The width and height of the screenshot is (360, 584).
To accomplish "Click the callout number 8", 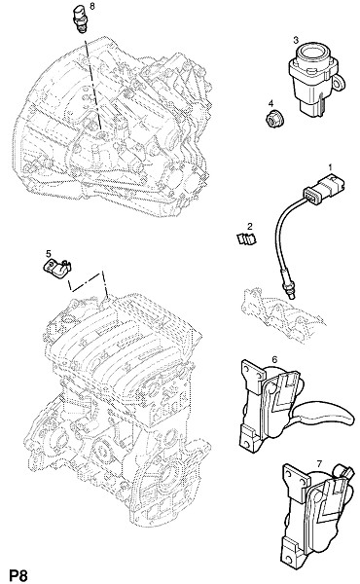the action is coord(92,7).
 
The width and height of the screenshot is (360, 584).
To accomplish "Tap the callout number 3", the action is coord(296,40).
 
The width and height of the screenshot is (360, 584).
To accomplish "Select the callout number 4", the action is coord(271,103).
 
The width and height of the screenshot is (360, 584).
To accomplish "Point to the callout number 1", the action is coord(330,167).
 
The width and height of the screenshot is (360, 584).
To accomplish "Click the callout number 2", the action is coord(250,226).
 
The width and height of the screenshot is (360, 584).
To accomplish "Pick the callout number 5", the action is coord(49,254).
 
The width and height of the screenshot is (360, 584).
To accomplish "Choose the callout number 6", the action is coord(274,360).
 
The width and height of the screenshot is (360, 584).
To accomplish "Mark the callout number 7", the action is coord(319,464).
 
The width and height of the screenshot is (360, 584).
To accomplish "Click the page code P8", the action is coord(18,575).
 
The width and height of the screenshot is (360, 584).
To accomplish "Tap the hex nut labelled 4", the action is coord(274,119).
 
